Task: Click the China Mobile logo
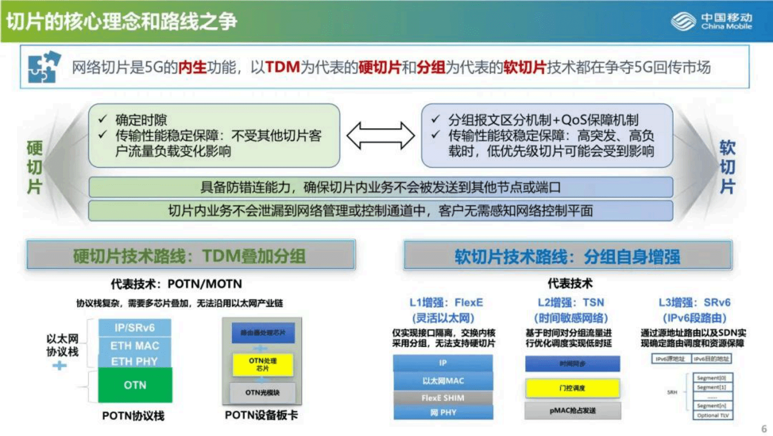coord(711,21)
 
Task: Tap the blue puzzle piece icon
coord(44,67)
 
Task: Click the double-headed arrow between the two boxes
coord(380,135)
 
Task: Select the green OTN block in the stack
coord(135,385)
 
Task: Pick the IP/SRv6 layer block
coord(135,328)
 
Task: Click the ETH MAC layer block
coord(135,346)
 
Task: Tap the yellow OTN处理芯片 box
coord(263,364)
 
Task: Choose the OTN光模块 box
coord(263,393)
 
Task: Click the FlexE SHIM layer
coord(443,398)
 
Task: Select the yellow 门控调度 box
coord(572,388)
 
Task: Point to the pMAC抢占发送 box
coord(572,411)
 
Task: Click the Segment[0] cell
coord(711,378)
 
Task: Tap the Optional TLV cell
coord(713,416)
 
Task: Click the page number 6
coord(764,429)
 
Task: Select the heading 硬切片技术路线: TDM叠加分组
coord(190,255)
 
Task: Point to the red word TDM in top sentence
coord(282,67)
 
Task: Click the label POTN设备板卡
coord(261,416)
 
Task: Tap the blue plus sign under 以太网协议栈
coord(59,365)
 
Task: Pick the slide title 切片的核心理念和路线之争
coord(121,21)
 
